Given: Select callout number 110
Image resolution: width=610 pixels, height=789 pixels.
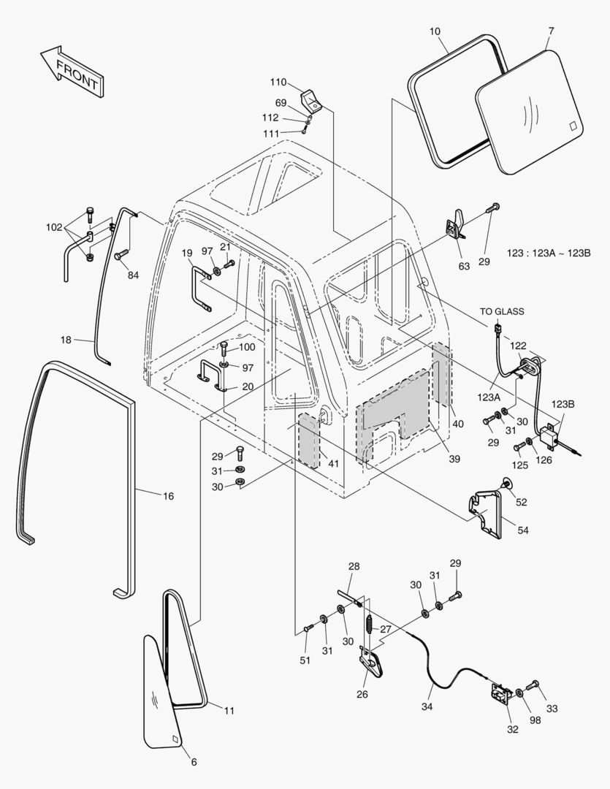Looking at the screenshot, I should click(x=278, y=82).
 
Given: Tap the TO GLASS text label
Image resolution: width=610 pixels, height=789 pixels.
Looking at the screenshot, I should click(x=502, y=311).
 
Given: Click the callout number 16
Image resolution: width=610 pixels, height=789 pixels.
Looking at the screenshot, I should click(x=168, y=496).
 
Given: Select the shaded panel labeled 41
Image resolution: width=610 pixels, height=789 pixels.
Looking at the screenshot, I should click(x=309, y=441).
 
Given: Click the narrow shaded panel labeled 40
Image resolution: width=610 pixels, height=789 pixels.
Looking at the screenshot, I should click(x=441, y=373).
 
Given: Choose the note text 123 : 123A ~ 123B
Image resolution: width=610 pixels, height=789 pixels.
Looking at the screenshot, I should click(x=548, y=254).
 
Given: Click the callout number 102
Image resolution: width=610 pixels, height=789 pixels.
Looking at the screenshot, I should click(x=54, y=227).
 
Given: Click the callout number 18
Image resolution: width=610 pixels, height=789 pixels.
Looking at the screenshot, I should click(x=66, y=340).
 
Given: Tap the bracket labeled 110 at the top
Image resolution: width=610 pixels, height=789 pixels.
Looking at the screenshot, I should click(x=311, y=99).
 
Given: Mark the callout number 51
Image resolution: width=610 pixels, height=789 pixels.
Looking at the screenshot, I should click(x=305, y=660).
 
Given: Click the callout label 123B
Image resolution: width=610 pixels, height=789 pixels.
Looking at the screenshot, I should click(x=563, y=404).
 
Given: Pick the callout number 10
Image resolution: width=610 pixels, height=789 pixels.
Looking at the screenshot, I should click(x=435, y=31).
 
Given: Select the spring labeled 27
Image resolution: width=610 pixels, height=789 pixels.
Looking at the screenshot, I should click(x=370, y=626).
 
